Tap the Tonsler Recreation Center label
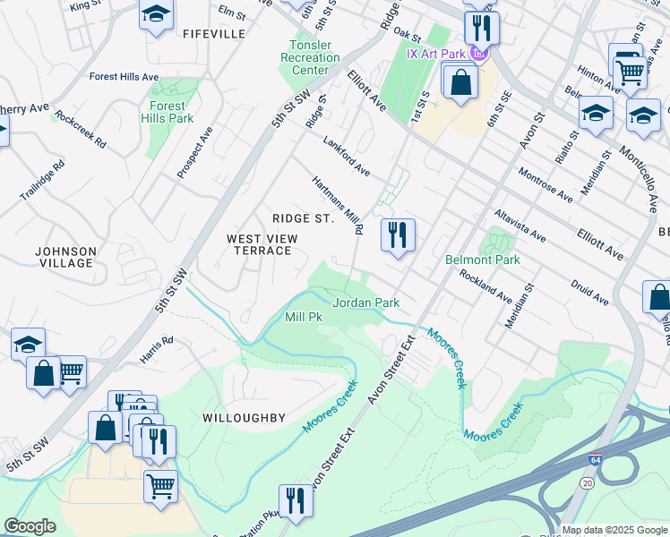[310, 57]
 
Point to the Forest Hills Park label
[167, 112]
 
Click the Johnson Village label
[65, 257]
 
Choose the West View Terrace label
[259, 244]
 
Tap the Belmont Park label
[483, 260]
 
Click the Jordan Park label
[365, 303]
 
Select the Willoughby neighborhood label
[244, 418]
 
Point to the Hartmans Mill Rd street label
[338, 204]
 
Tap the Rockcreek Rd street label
[80, 129]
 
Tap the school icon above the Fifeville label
[156, 13]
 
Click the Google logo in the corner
[30, 526]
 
